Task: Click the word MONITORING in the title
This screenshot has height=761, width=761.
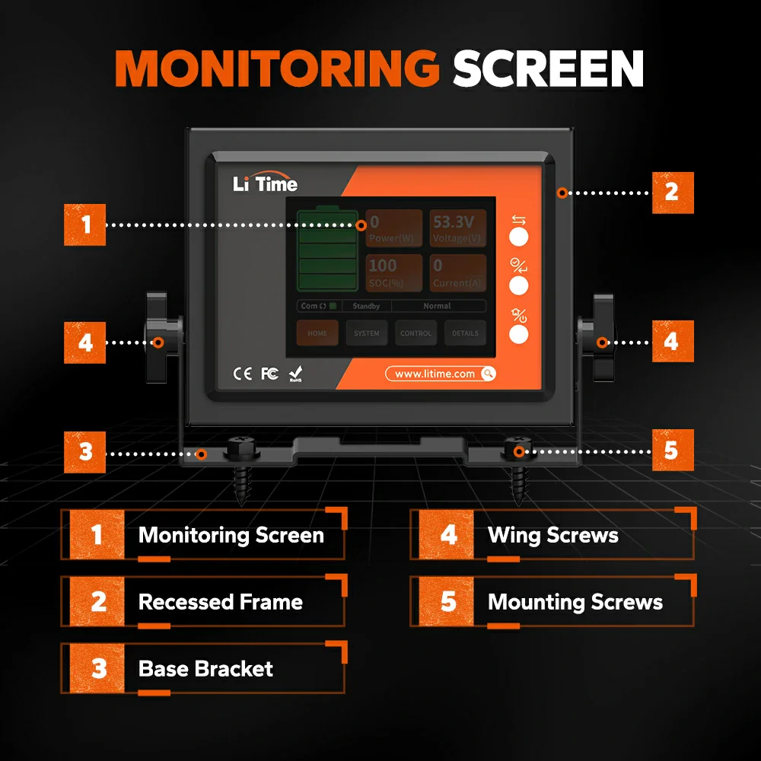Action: click(277, 69)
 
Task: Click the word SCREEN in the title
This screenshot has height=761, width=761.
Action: click(548, 69)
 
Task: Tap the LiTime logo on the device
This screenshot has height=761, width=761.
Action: click(265, 183)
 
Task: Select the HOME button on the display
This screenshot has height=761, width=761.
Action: click(317, 333)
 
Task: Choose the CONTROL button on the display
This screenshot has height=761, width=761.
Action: click(416, 333)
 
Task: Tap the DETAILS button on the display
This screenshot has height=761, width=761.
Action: click(465, 333)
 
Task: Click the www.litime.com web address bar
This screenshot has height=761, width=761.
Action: click(441, 374)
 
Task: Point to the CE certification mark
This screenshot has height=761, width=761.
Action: click(242, 374)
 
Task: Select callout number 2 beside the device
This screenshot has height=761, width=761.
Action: click(672, 192)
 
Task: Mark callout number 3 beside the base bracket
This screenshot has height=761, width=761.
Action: click(85, 451)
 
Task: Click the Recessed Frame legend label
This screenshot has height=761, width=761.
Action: click(220, 602)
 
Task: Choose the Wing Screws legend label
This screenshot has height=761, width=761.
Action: click(552, 535)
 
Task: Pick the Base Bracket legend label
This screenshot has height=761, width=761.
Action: click(205, 669)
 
